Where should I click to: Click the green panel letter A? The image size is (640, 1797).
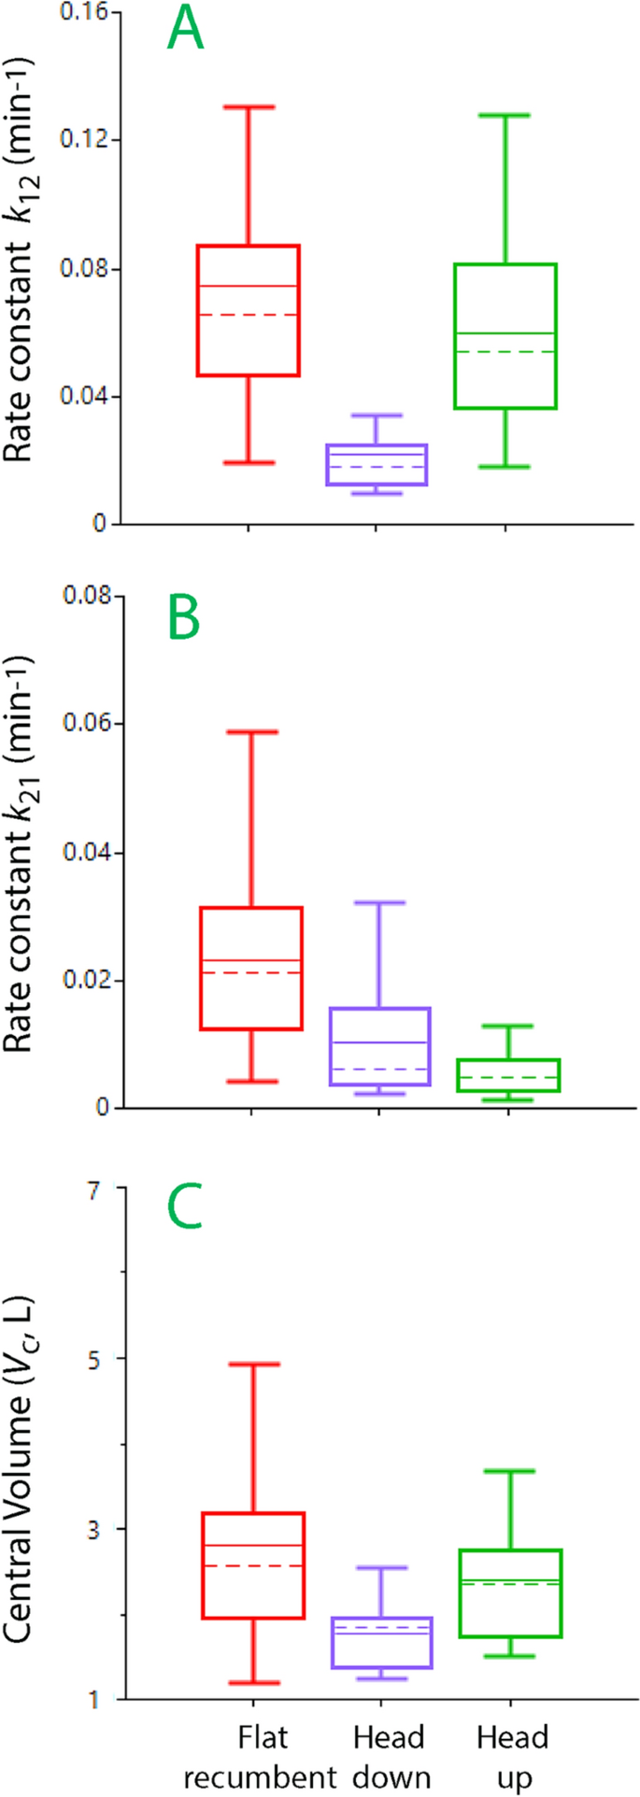184,32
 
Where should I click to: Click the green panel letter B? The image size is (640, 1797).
184,619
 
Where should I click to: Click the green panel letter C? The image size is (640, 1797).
184,1211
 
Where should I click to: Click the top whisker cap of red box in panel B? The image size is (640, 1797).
251,732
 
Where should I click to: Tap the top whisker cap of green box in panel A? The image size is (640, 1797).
505,115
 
